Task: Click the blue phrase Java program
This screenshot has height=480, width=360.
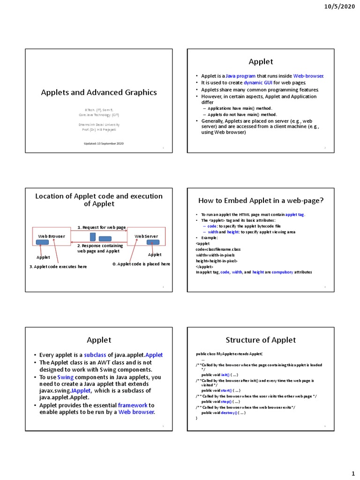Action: pyautogui.click(x=240, y=76)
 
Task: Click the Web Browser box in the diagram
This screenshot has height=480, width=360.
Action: pyautogui.click(x=51, y=237)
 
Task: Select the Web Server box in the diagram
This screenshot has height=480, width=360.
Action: pyautogui.click(x=146, y=237)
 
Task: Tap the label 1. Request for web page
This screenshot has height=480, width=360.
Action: pyautogui.click(x=102, y=228)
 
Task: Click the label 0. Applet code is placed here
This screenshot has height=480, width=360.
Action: pyautogui.click(x=141, y=264)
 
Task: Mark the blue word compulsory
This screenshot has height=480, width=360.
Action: pyautogui.click(x=282, y=272)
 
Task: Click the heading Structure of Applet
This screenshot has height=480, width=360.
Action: pyautogui.click(x=261, y=340)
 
